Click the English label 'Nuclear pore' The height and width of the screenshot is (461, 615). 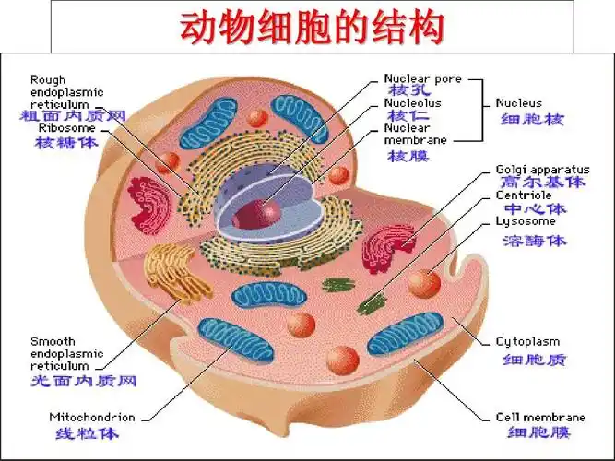point(422,79)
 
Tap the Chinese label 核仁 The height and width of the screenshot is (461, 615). point(408,116)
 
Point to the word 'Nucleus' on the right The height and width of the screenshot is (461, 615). point(518,103)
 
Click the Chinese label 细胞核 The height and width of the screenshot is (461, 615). point(531,120)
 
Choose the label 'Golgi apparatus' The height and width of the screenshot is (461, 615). point(542,170)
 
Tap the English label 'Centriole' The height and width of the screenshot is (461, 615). point(524,195)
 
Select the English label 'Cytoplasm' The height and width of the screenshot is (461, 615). point(527,341)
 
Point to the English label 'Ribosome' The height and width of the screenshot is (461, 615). point(65,128)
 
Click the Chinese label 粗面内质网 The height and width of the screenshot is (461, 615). point(73,116)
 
